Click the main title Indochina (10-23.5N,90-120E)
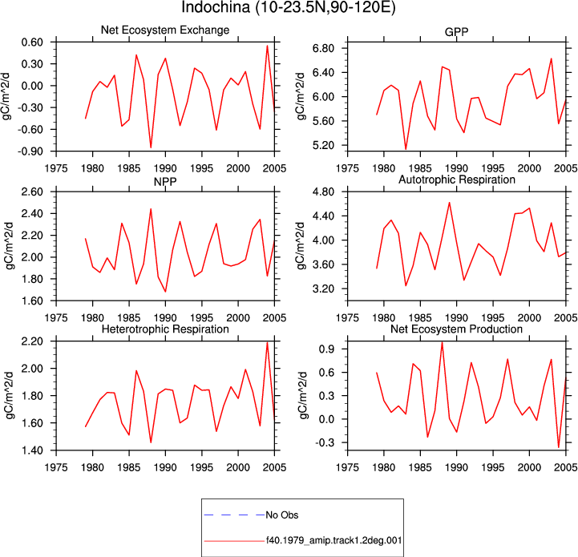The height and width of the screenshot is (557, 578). [x=289, y=7]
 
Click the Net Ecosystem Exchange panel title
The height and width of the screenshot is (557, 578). [x=165, y=30]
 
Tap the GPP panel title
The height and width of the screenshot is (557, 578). [x=456, y=32]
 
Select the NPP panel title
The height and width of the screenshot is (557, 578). [x=165, y=181]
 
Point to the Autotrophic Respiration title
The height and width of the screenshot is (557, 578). [x=457, y=180]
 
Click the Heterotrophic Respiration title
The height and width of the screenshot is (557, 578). [x=165, y=329]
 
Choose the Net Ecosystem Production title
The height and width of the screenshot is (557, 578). [x=456, y=329]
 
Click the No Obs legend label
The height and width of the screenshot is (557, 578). [x=282, y=515]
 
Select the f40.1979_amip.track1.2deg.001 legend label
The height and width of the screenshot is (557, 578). [x=333, y=541]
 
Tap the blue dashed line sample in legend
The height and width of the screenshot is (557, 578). [x=234, y=515]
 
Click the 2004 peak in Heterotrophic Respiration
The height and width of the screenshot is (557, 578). [x=267, y=343]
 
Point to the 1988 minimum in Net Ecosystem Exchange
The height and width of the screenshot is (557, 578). [x=151, y=147]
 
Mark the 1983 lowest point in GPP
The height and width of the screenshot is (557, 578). [x=406, y=149]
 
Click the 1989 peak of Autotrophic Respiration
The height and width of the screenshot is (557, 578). [x=450, y=203]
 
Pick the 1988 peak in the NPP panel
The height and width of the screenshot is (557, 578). [x=151, y=209]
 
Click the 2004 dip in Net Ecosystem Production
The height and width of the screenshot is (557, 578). [x=559, y=447]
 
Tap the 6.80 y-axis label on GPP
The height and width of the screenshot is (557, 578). [x=323, y=48]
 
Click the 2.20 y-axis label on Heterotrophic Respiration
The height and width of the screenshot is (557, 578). [x=32, y=341]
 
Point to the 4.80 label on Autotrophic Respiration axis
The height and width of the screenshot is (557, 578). [x=323, y=192]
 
